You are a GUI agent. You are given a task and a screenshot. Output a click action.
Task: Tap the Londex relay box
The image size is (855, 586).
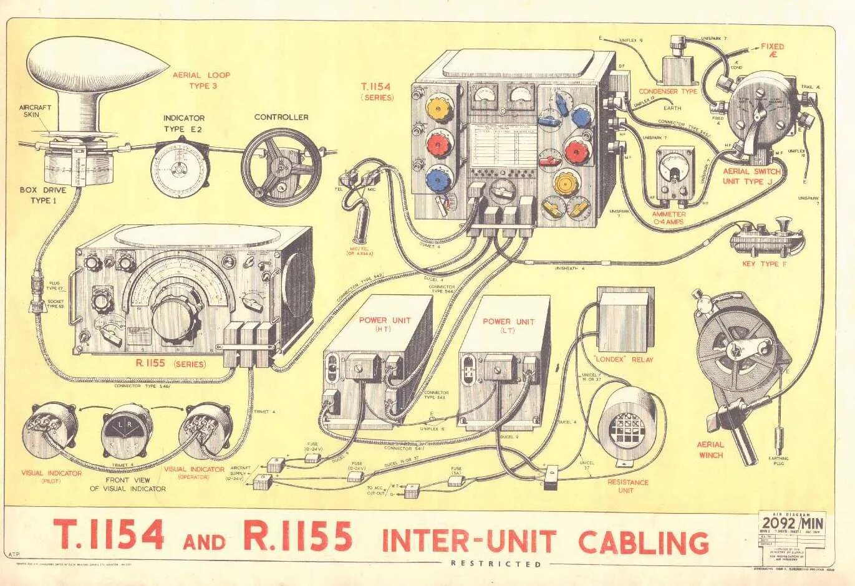(x=624, y=319)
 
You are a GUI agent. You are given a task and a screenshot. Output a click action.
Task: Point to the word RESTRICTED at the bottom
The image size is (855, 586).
(x=496, y=564)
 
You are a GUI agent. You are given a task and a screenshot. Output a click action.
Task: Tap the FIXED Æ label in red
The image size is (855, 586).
(x=772, y=50)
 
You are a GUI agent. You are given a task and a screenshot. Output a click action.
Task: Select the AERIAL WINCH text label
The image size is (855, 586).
(x=710, y=449)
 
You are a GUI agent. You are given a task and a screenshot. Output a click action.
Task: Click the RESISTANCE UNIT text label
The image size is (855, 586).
(x=628, y=486)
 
